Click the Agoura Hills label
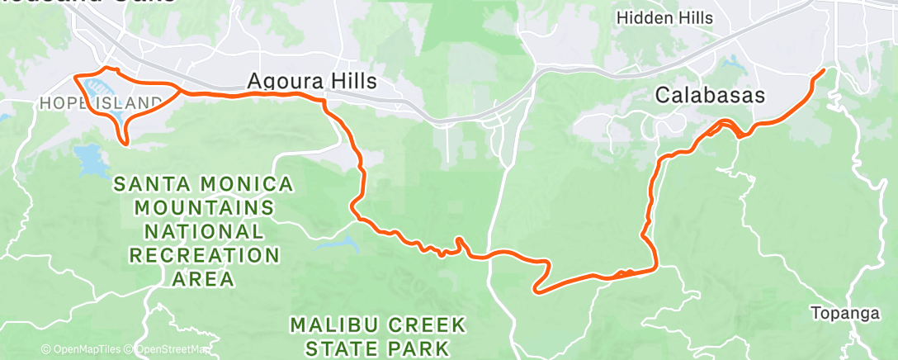(x=312, y=81)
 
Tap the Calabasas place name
(x=710, y=95)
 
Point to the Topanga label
(x=840, y=313)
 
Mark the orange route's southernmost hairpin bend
(x=537, y=289)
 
